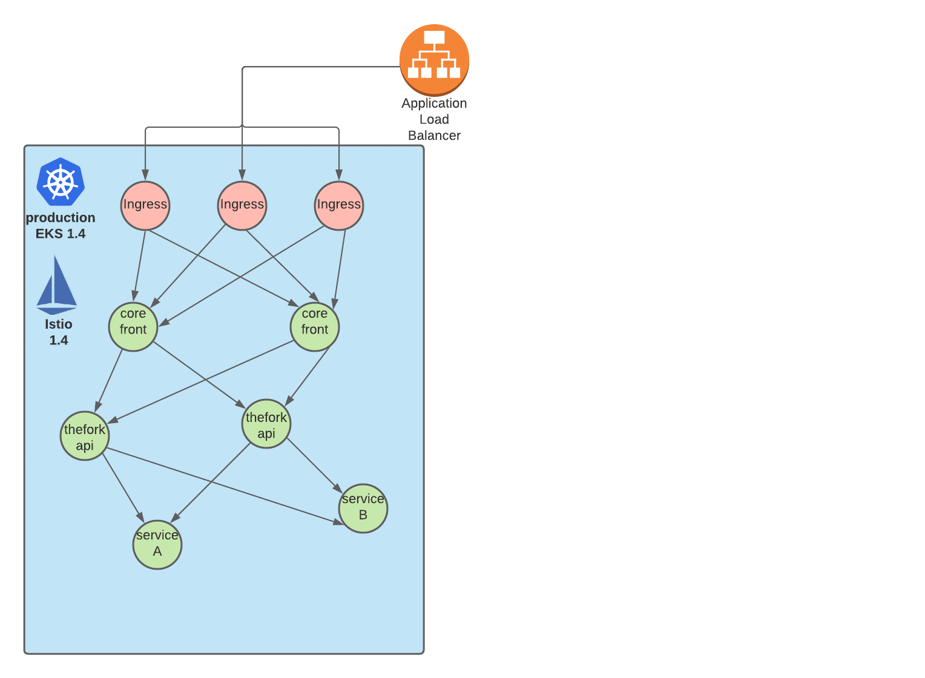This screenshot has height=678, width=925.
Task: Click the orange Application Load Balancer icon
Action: coord(434,59)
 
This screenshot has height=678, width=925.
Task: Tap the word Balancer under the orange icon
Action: coord(434,136)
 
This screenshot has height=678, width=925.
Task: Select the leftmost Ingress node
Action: coord(145,205)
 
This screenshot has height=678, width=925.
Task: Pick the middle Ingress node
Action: coord(242,205)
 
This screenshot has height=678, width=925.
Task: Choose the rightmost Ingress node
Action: coord(339,205)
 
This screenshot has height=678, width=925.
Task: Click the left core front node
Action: coord(133,327)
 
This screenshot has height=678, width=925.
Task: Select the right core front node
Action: coord(315,327)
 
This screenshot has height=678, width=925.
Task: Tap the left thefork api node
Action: coord(85,436)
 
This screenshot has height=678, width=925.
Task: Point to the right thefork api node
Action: coord(266,424)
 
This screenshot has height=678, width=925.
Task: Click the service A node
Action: coord(157,545)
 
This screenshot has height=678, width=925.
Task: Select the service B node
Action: coord(363,508)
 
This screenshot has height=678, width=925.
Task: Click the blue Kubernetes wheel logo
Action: coord(61,182)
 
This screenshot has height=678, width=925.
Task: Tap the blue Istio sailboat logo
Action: coord(56,285)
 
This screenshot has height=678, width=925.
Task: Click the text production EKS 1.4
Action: coord(61,226)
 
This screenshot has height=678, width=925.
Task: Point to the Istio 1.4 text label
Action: coord(59,332)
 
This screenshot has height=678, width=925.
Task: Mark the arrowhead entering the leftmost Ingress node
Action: coord(145,175)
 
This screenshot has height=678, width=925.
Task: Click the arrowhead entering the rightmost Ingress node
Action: coord(339,175)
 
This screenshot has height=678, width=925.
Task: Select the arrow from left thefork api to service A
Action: coord(123,487)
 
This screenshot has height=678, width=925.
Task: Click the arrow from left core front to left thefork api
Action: coord(109,380)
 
